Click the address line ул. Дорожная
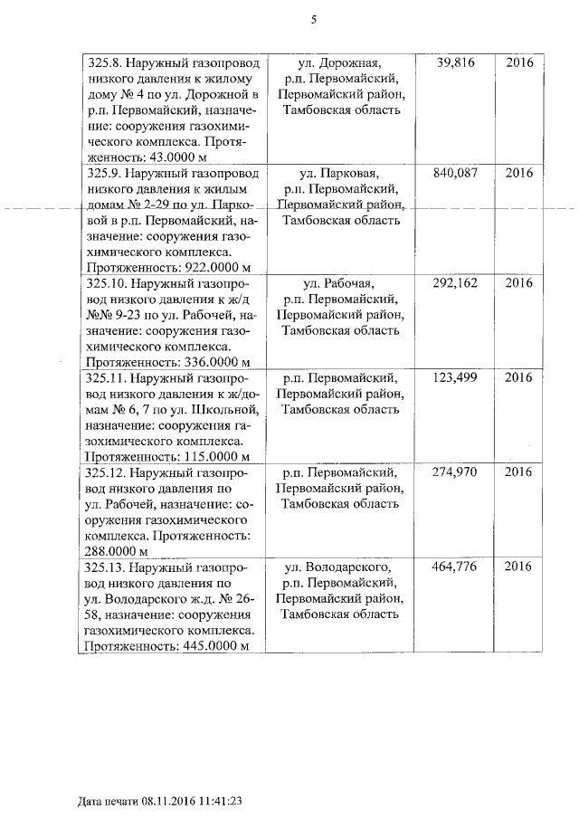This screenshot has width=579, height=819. tap(338, 63)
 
